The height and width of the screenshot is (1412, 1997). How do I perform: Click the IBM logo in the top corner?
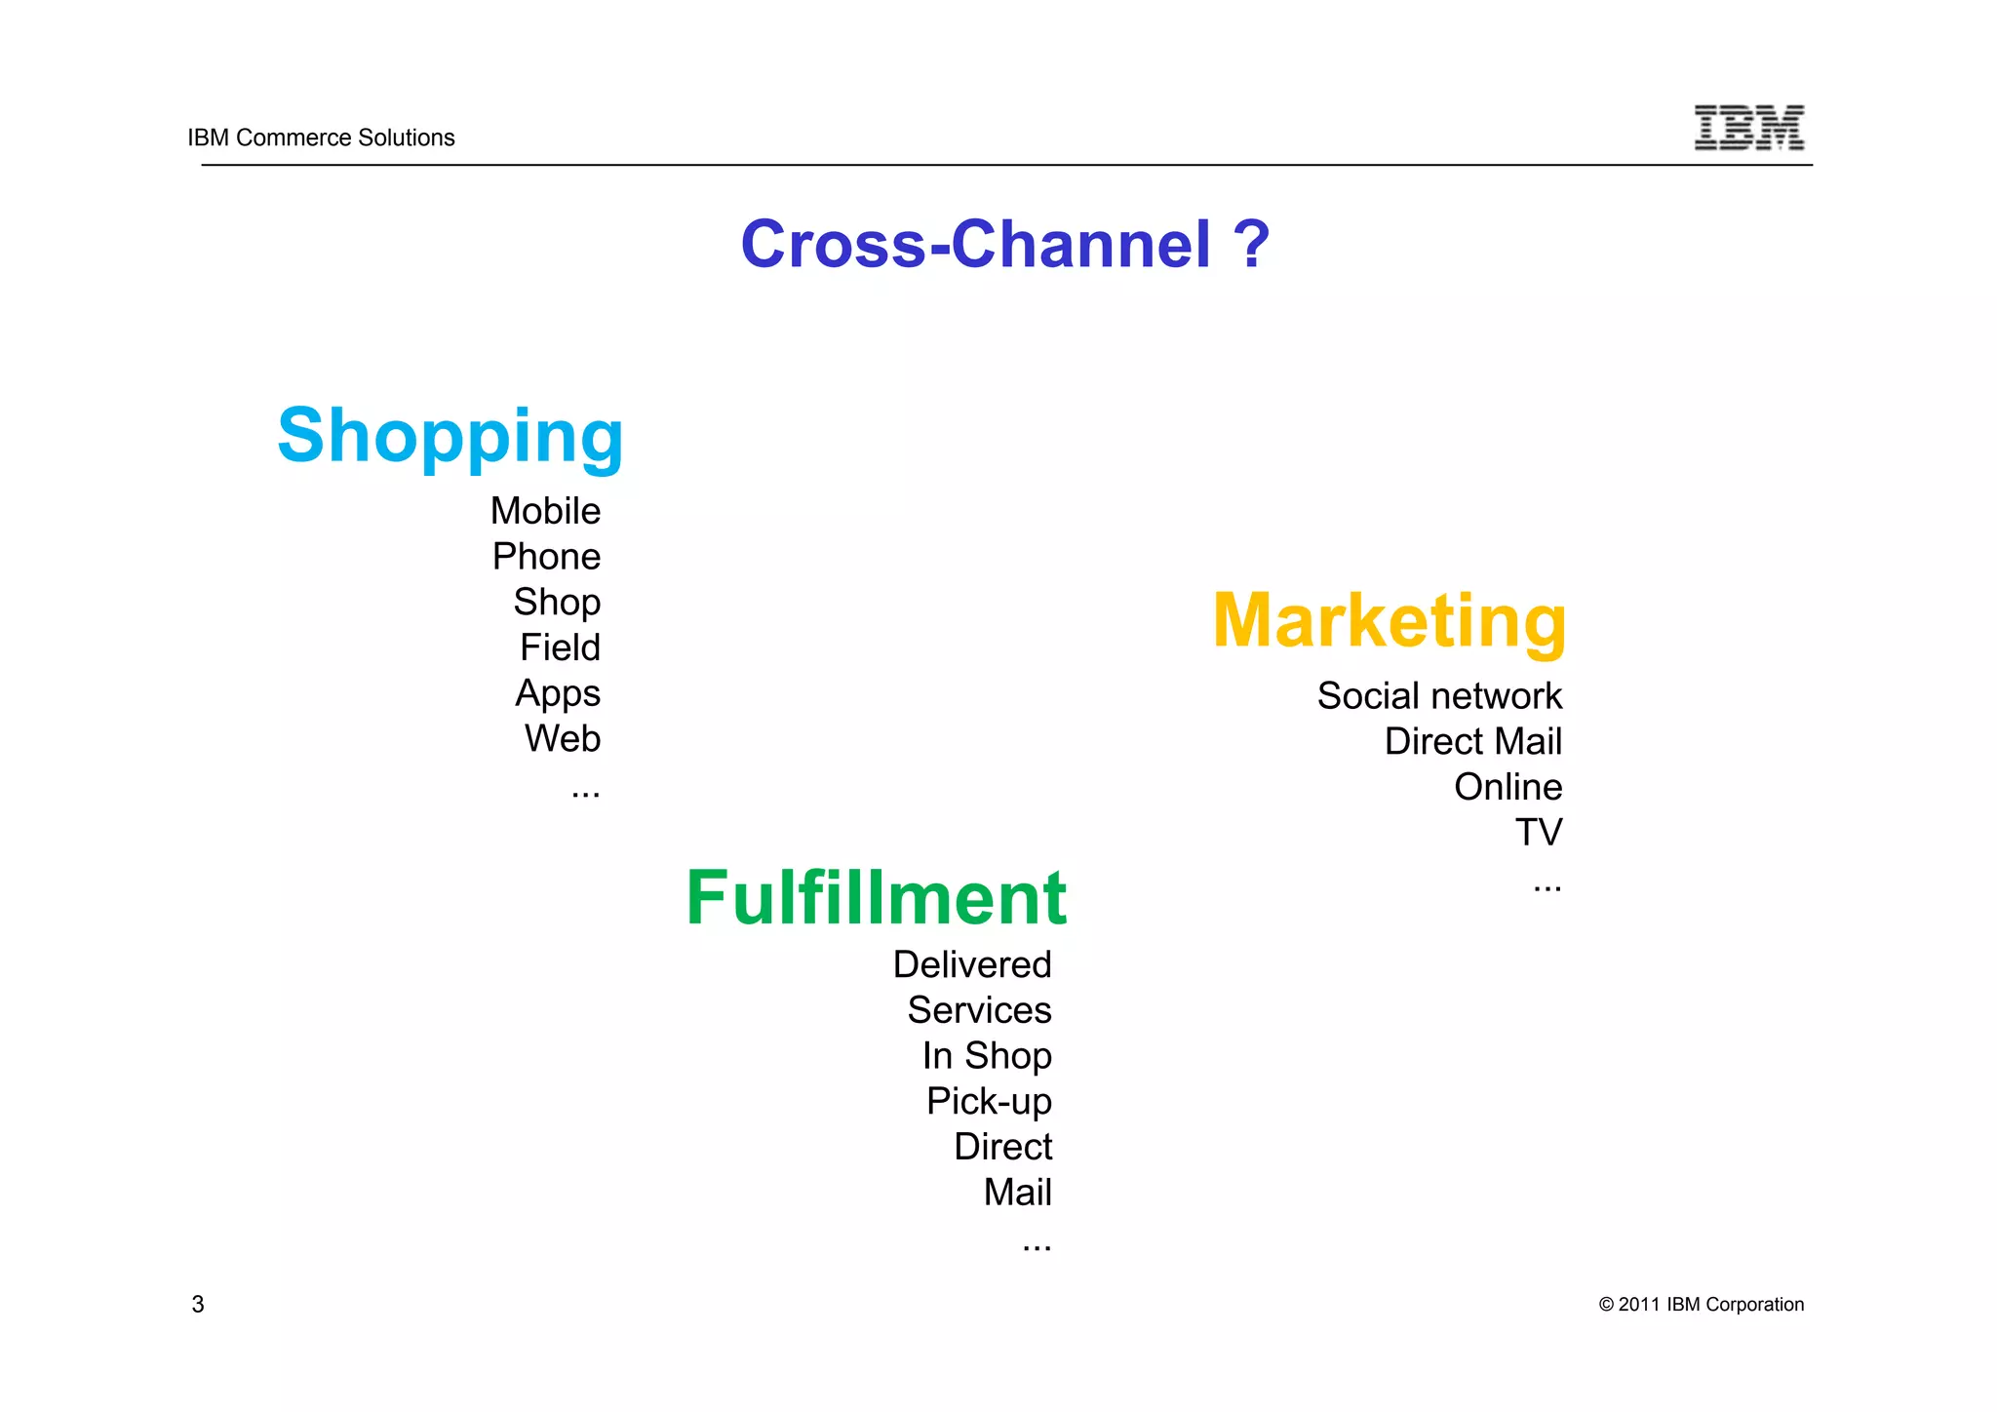pos(1748,128)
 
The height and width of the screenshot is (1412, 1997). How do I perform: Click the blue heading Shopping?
pos(450,436)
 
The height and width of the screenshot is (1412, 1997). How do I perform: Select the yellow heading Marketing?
pos(1389,621)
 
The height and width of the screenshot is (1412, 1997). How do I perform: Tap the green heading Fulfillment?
pos(876,898)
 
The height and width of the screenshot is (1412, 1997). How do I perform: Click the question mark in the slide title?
pos(1251,244)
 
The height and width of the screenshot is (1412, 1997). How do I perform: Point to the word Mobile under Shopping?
pos(545,511)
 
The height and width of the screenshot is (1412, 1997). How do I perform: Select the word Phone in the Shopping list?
pos(546,557)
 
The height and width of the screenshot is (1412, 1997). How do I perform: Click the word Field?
pos(560,647)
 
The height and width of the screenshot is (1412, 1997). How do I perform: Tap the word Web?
pos(563,739)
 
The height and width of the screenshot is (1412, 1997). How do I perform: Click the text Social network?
pos(1439,696)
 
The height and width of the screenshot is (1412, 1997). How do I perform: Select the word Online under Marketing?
pos(1508,787)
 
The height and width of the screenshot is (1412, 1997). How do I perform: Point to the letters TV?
pos(1538,833)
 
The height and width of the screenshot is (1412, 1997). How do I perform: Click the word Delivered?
pos(972,965)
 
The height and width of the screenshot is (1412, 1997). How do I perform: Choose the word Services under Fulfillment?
pos(979,1010)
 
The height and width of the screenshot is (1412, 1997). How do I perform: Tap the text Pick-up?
pos(989,1102)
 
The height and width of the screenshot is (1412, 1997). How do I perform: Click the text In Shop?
pos(987,1056)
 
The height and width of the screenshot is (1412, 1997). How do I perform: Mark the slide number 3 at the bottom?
pos(198,1305)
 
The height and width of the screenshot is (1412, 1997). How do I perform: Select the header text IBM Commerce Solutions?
pos(321,137)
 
